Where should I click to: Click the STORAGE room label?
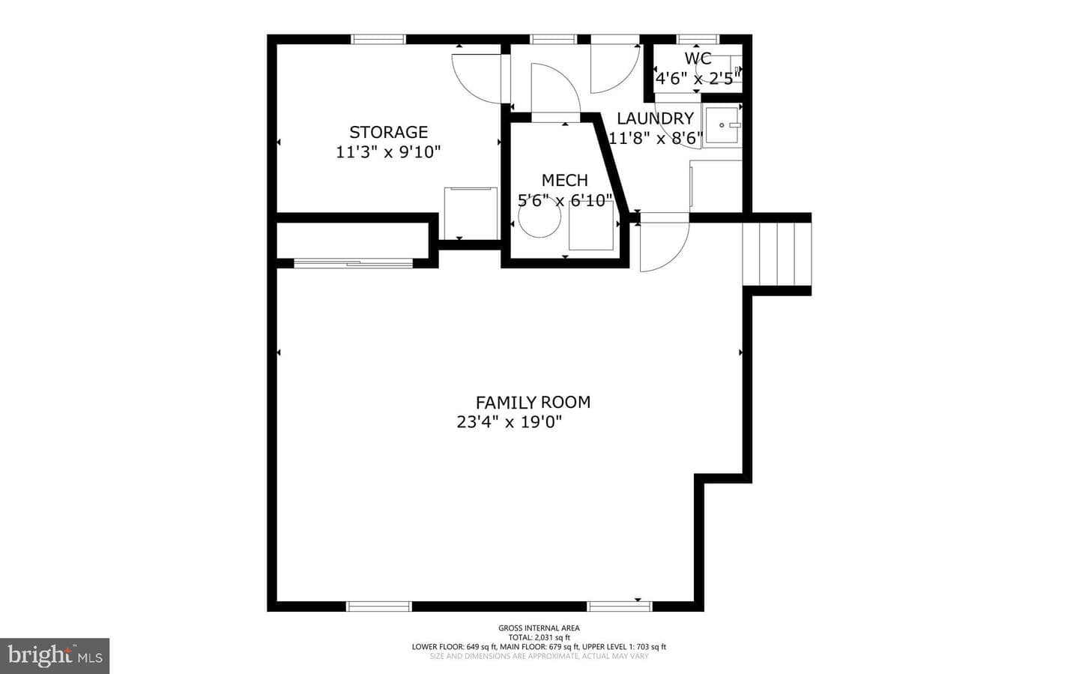click(x=388, y=132)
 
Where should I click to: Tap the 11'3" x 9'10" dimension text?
click(x=388, y=152)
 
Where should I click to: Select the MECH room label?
click(x=564, y=181)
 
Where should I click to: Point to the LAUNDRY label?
click(x=655, y=118)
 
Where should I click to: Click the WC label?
click(x=698, y=58)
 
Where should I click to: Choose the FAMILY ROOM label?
click(x=533, y=402)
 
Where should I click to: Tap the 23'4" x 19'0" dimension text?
click(x=510, y=422)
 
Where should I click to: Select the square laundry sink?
click(x=722, y=125)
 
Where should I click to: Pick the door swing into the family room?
click(x=665, y=246)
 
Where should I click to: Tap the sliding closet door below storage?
click(x=353, y=263)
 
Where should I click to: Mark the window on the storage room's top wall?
click(x=378, y=39)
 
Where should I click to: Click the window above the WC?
click(x=698, y=39)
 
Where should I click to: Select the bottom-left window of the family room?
click(x=379, y=607)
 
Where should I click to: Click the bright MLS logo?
click(x=55, y=656)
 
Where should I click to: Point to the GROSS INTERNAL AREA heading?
click(x=539, y=628)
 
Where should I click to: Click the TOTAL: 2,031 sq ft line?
click(x=539, y=637)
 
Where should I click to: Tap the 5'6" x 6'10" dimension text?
click(x=564, y=200)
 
